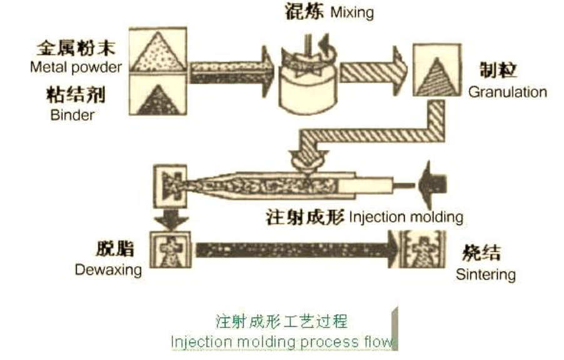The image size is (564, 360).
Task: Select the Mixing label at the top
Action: (352, 13)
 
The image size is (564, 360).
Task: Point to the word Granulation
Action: (507, 92)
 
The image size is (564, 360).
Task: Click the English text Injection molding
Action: (406, 217)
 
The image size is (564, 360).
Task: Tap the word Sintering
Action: (485, 274)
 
